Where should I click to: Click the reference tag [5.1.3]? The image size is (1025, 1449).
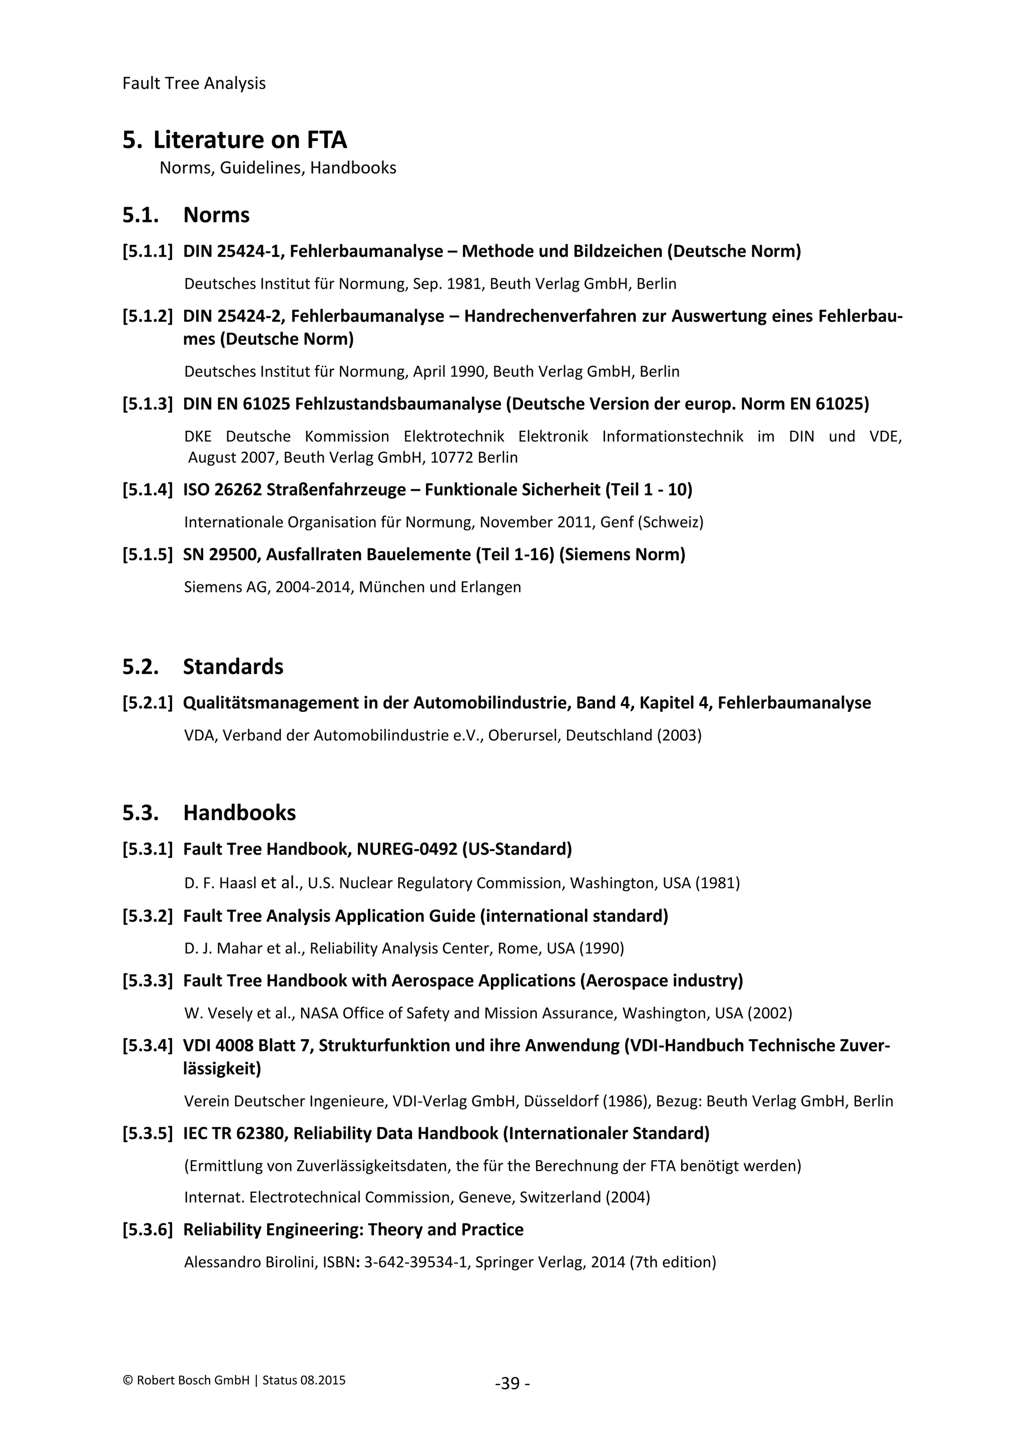click(x=147, y=404)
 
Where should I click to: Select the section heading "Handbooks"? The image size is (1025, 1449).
click(x=239, y=813)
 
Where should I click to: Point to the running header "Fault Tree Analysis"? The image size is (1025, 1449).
click(x=194, y=83)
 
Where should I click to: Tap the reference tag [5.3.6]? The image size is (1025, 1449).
click(x=147, y=1229)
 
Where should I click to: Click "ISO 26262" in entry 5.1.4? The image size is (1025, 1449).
click(x=222, y=490)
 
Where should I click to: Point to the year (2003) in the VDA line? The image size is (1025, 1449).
click(x=679, y=735)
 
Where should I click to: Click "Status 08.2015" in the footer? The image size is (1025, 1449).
click(x=304, y=1380)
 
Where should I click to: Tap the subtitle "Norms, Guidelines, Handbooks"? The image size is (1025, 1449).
click(x=278, y=168)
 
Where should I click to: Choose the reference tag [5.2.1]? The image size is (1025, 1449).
click(x=147, y=703)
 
